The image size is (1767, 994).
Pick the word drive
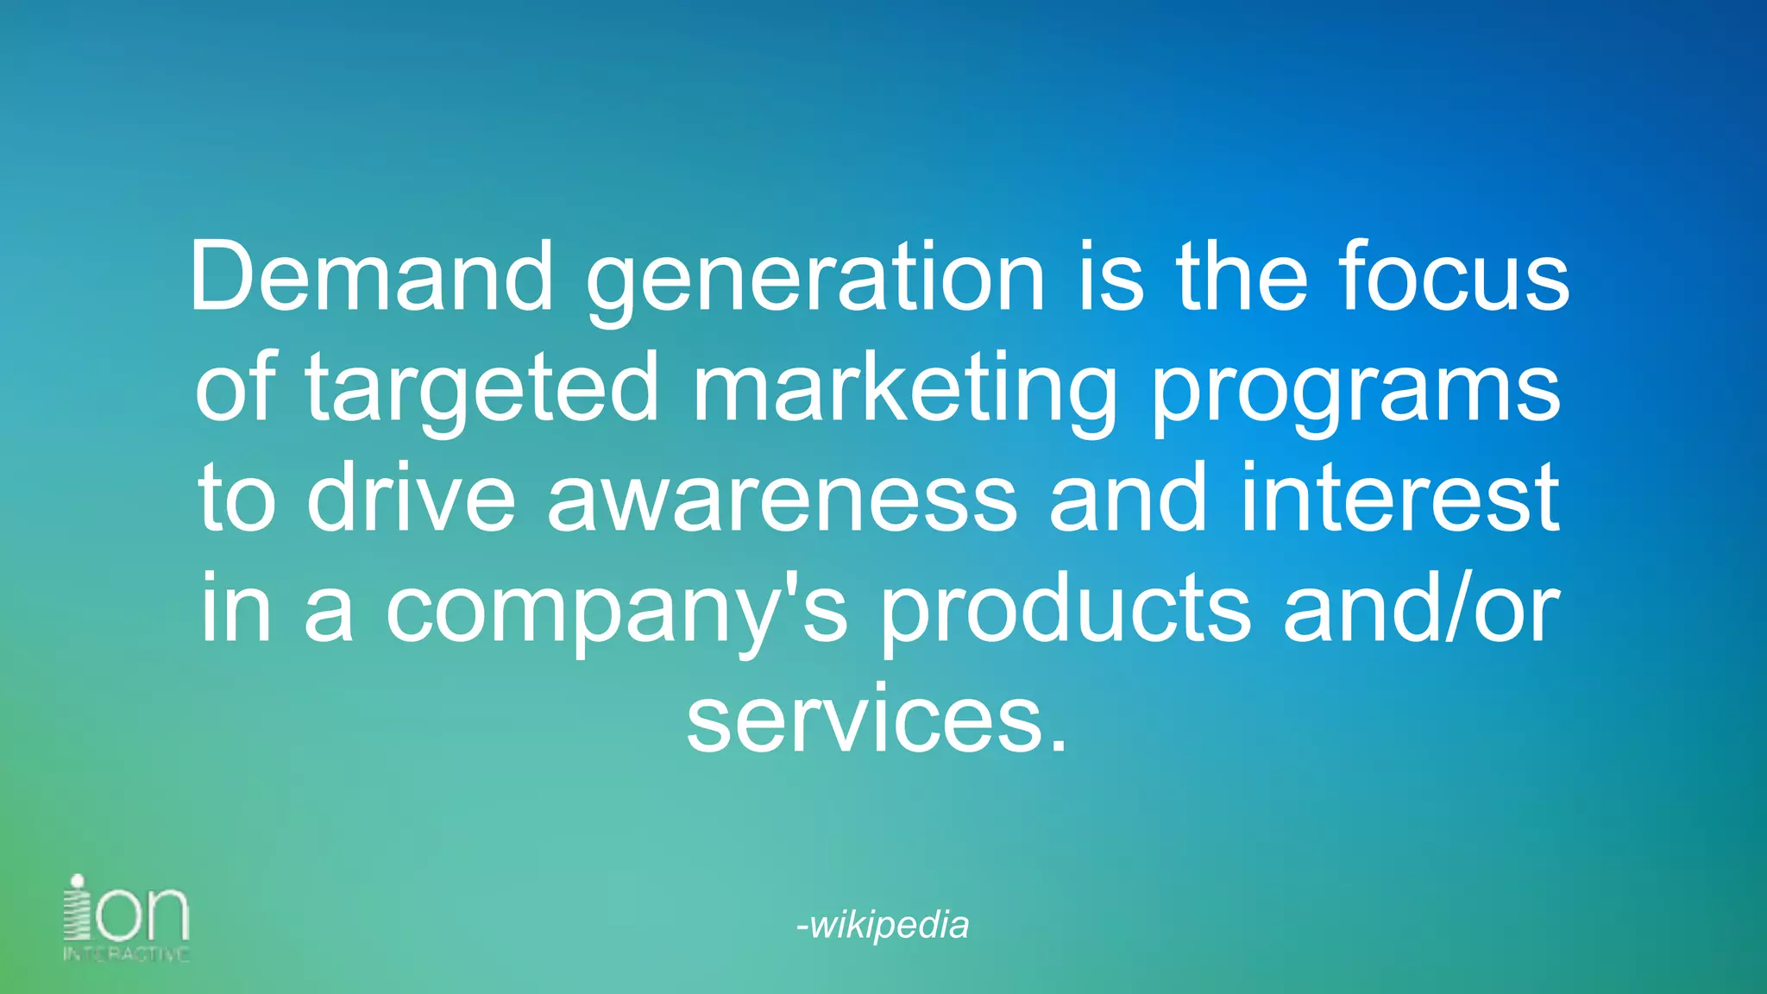[x=411, y=498]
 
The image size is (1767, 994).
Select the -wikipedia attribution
[x=883, y=925]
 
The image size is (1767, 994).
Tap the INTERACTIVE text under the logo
[x=126, y=954]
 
